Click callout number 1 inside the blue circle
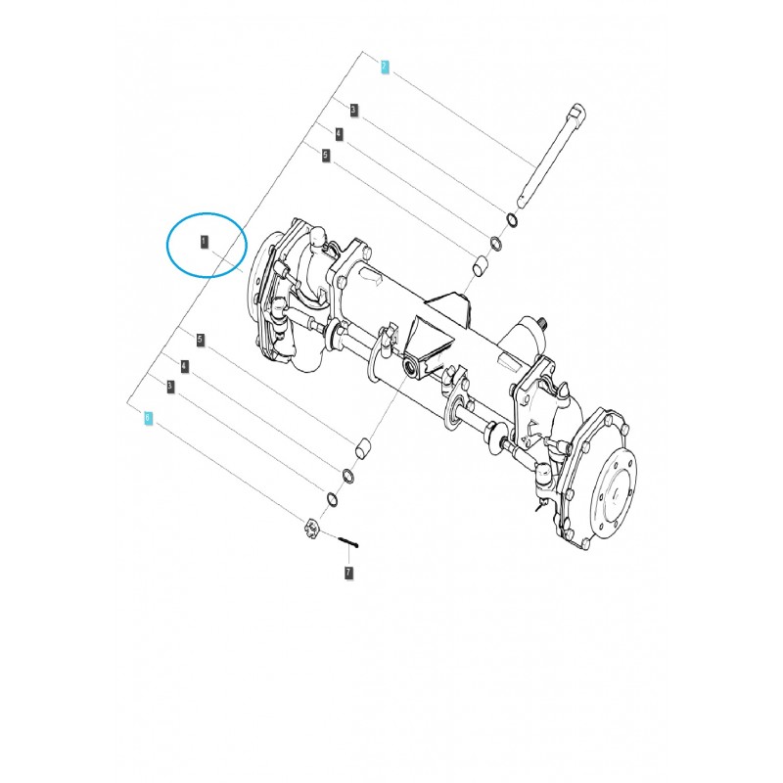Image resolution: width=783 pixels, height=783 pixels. tap(205, 240)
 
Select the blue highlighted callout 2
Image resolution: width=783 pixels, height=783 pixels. tap(385, 66)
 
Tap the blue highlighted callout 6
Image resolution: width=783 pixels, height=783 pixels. tap(148, 417)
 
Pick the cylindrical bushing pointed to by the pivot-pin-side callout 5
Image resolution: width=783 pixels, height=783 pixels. tap(481, 264)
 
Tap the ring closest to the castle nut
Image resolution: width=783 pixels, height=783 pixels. tap(332, 500)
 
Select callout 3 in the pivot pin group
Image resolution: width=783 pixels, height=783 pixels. tap(353, 111)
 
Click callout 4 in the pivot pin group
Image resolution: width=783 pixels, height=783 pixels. tap(339, 133)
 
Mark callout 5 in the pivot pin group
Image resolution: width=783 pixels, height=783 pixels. tap(325, 155)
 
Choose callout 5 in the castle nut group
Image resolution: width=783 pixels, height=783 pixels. tap(200, 341)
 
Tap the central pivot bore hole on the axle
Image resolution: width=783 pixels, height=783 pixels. tap(410, 367)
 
